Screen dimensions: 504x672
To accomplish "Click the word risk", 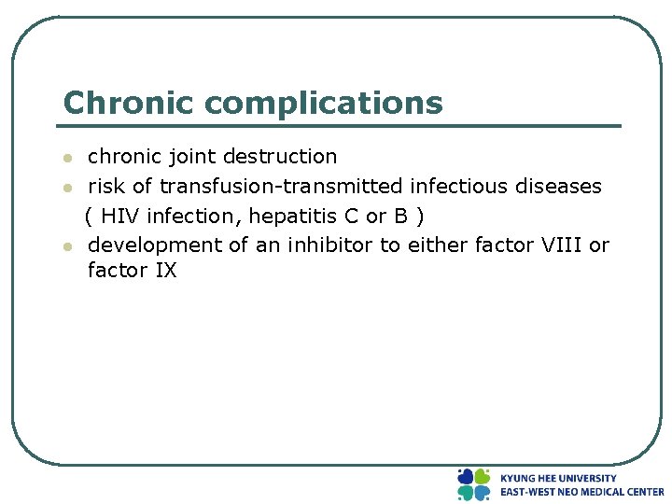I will (106, 186).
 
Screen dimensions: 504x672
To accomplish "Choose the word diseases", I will (559, 186).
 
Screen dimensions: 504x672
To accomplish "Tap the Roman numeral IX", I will (164, 271).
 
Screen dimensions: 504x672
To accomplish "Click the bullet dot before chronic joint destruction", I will (66, 158).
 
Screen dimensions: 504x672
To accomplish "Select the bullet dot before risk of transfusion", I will (66, 188).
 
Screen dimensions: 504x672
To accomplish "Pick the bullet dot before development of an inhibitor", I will (66, 246).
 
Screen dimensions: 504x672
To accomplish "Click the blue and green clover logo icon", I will (473, 484).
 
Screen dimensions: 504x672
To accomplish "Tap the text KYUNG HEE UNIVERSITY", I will (558, 478).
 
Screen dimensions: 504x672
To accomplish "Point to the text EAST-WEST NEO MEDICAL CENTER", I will (581, 492).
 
